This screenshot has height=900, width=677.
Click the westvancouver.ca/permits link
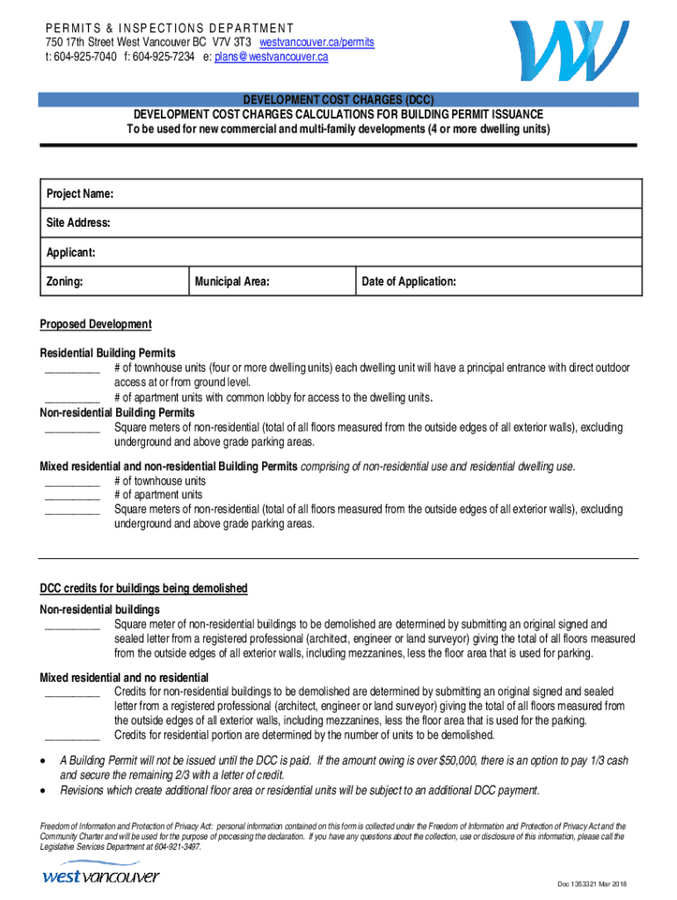tap(317, 42)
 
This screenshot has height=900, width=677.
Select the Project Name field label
tap(79, 193)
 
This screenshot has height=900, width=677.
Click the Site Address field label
tap(78, 223)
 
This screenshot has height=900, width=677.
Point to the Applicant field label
tap(70, 252)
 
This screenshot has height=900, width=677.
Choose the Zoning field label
tap(65, 282)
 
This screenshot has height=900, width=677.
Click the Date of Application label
tap(408, 282)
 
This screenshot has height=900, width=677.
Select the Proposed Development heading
tap(96, 324)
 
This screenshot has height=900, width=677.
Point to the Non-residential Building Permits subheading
tap(118, 412)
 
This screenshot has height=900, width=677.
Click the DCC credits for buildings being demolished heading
tap(143, 588)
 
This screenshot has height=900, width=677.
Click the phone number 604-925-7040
tap(84, 56)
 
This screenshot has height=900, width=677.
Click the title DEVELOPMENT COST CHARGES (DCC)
tap(338, 100)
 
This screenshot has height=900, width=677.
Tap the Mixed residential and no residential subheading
tap(124, 677)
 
